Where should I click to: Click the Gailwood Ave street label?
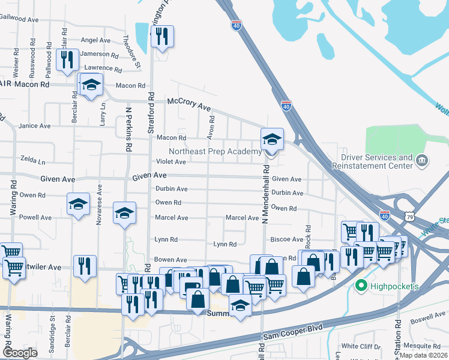click(x=20, y=19)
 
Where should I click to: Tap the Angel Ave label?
click(x=95, y=40)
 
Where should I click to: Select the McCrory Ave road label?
click(x=189, y=104)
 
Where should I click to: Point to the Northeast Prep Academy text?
click(x=215, y=151)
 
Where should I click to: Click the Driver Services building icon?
click(x=422, y=160)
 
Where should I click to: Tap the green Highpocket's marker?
click(x=360, y=286)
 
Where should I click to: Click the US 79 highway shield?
click(x=409, y=215)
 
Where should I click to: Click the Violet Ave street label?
click(x=171, y=162)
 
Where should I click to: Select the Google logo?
click(x=19, y=353)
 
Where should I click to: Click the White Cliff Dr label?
click(x=360, y=347)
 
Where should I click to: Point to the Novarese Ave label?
click(x=100, y=205)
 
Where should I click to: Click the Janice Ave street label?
click(x=34, y=126)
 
